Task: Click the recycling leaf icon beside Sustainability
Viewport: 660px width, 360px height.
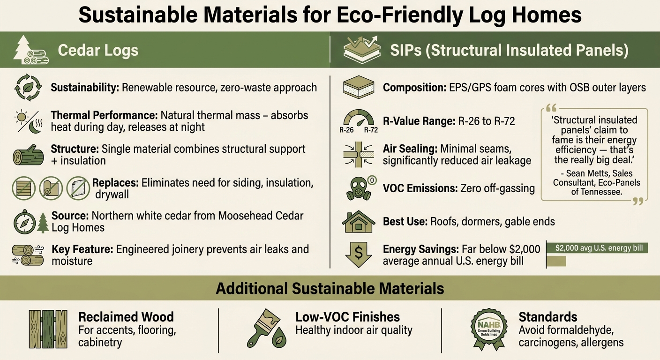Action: (28, 87)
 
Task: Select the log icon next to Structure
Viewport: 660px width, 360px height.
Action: (29, 155)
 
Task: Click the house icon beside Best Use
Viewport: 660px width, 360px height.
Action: (358, 221)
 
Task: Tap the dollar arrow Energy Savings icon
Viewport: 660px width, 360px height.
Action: (358, 255)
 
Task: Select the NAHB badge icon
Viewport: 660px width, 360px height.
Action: (489, 328)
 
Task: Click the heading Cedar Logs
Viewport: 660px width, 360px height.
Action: (98, 50)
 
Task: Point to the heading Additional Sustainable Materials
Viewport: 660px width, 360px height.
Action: (330, 288)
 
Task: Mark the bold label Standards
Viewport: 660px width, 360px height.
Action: (547, 317)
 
